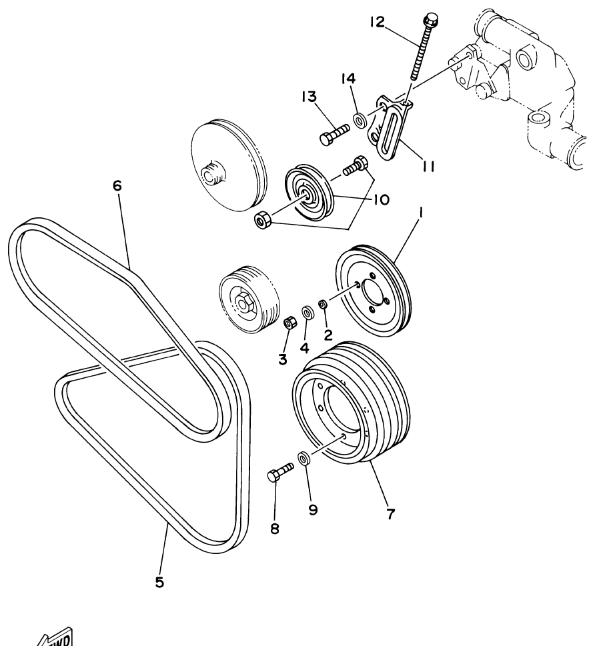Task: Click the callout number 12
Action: (x=378, y=23)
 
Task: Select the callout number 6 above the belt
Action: (x=117, y=187)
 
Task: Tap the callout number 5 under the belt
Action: (x=159, y=581)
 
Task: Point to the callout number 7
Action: (x=390, y=513)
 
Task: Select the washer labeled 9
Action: (x=304, y=459)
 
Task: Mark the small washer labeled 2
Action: (x=323, y=305)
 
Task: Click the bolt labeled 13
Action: (x=334, y=133)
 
